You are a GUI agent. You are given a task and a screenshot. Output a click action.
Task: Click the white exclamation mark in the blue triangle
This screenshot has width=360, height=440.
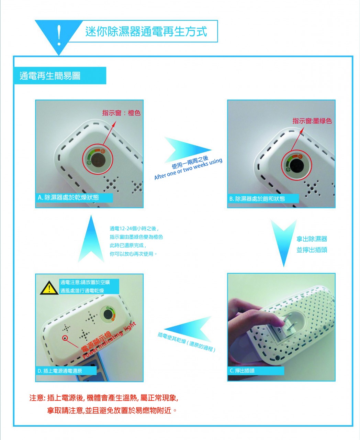pos(59,35)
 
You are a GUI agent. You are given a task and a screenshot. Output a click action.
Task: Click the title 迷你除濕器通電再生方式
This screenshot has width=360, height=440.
pos(146,32)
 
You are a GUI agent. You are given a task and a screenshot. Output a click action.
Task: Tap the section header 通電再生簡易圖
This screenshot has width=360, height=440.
pos(50,76)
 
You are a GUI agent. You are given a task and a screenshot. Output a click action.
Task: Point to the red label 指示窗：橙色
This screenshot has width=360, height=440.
pos(121,113)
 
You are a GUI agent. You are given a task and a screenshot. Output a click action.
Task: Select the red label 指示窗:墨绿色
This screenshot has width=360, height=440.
pos(312,121)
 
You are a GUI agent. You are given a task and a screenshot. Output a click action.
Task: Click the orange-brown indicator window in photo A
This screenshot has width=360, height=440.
pos(98,160)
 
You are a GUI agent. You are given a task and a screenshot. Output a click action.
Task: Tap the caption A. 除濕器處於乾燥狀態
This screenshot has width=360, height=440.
pos(68,197)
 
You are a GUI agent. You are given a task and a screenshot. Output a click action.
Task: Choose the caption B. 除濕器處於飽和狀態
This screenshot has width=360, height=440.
pos(257,199)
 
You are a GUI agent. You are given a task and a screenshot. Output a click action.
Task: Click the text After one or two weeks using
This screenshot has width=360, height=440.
pos(188,169)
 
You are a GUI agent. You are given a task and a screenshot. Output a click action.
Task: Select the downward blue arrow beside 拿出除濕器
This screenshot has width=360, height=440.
pos(284,243)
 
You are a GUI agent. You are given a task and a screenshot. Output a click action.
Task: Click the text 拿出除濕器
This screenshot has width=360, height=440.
pos(312,239)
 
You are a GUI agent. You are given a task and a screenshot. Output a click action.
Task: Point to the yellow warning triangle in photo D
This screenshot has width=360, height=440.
pos(49,288)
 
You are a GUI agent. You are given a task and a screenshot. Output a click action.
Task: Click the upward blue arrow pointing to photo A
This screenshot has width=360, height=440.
pos(91,239)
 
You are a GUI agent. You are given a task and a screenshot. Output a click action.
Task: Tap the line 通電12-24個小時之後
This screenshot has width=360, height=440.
pos(134,229)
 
